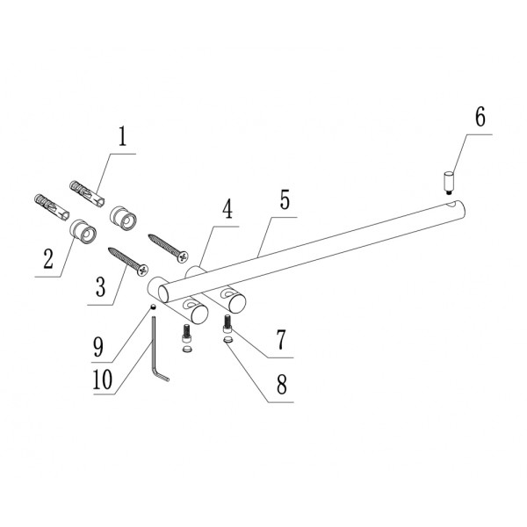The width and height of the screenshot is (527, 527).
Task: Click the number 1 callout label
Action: pos(122,137)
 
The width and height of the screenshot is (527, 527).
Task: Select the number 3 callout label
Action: pos(101,286)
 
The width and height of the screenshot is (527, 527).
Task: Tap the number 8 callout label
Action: pos(281,384)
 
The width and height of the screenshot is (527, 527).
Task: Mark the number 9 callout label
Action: pos(100,344)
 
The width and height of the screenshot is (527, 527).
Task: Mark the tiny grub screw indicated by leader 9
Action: pos(153,307)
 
